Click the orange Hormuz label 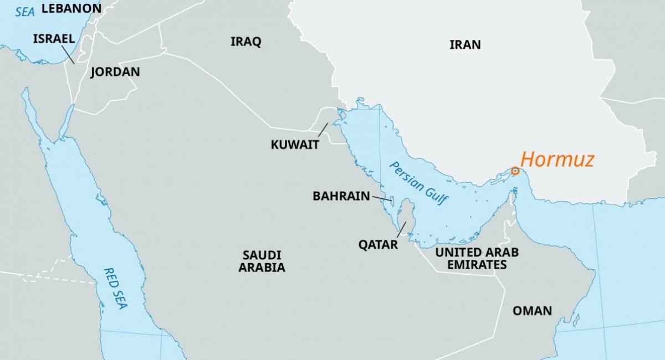pyautogui.click(x=557, y=160)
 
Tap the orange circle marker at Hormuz pyautogui.click(x=515, y=171)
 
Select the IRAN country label pyautogui.click(x=465, y=45)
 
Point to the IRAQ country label pyautogui.click(x=245, y=42)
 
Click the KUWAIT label pyautogui.click(x=295, y=145)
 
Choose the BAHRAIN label pyautogui.click(x=341, y=196)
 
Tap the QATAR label pyautogui.click(x=378, y=244)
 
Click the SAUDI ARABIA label pyautogui.click(x=262, y=261)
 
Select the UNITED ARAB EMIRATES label pyautogui.click(x=477, y=259)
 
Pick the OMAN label pyautogui.click(x=532, y=311)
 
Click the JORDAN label pyautogui.click(x=115, y=72)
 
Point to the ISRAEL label pyautogui.click(x=54, y=39)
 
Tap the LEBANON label pyautogui.click(x=71, y=8)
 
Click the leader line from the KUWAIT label pyautogui.click(x=323, y=130)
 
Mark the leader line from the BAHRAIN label pyautogui.click(x=382, y=198)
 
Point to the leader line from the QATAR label pyautogui.click(x=402, y=229)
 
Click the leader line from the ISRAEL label pyautogui.click(x=67, y=54)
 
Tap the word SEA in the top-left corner pyautogui.click(x=25, y=11)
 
